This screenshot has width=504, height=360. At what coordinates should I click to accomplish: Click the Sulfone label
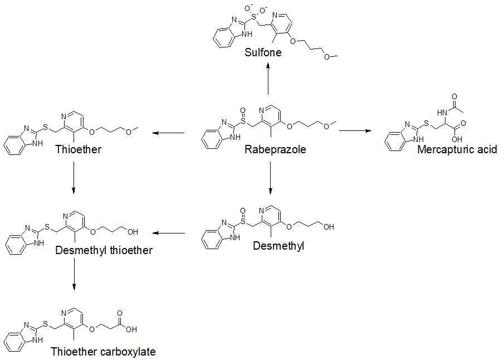click(x=263, y=53)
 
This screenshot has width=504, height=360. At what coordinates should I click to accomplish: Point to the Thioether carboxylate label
click(x=103, y=352)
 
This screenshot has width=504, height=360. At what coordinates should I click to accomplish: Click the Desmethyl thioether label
click(x=104, y=251)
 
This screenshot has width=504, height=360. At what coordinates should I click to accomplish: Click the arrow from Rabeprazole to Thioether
click(x=169, y=133)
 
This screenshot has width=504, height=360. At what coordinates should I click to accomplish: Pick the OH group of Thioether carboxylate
click(x=131, y=329)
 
